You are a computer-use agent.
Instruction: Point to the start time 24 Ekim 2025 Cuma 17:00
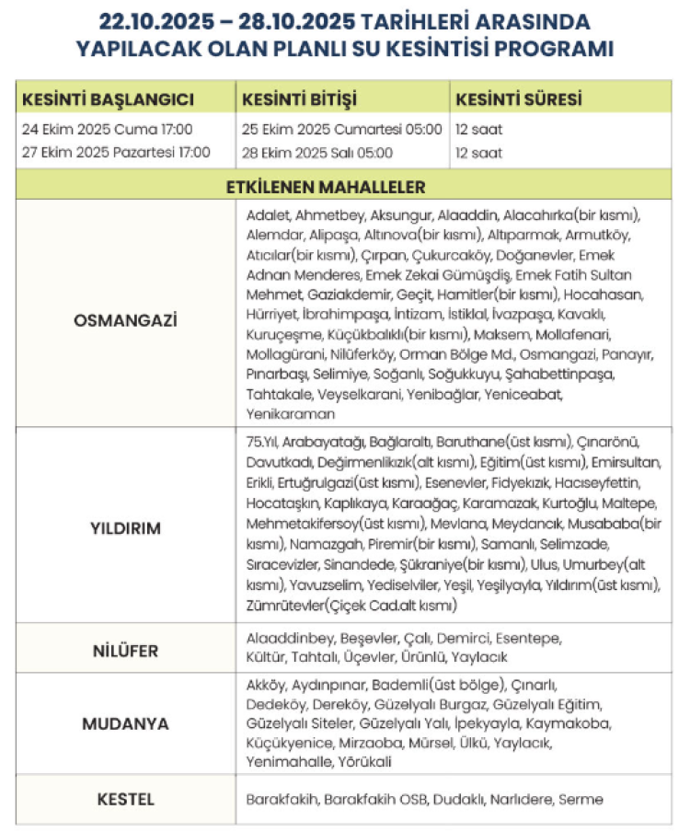point(107,129)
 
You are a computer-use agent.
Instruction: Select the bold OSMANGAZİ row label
point(124,320)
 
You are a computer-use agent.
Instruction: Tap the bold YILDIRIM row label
point(125,528)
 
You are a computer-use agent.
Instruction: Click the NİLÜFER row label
point(124,651)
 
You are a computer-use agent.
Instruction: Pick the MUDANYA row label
point(125,723)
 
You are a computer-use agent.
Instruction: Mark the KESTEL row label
point(125,799)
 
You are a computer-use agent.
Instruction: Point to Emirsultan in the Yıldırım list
point(627,461)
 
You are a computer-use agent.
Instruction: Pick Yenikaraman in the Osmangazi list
point(291,414)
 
